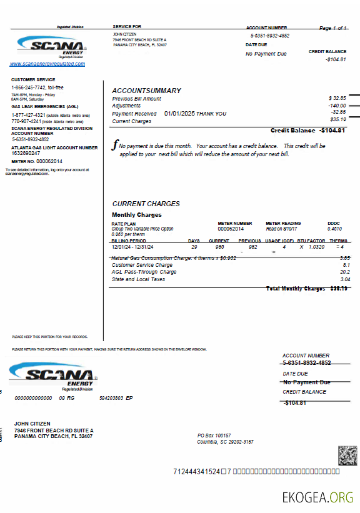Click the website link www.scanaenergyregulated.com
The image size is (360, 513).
[47, 64]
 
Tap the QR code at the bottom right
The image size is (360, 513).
[347, 456]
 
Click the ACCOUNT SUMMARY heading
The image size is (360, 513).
[146, 91]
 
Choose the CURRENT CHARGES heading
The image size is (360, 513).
[146, 204]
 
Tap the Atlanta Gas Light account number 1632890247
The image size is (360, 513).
[26, 153]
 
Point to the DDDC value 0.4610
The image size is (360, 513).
[334, 229]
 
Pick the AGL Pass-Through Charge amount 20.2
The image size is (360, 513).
[344, 272]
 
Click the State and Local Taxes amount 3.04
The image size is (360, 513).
[345, 279]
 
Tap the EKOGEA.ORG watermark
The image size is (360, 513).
[317, 498]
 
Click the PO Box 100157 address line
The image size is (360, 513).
[214, 435]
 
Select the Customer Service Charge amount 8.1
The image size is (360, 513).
[346, 265]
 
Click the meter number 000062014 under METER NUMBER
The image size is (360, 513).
[231, 229]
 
